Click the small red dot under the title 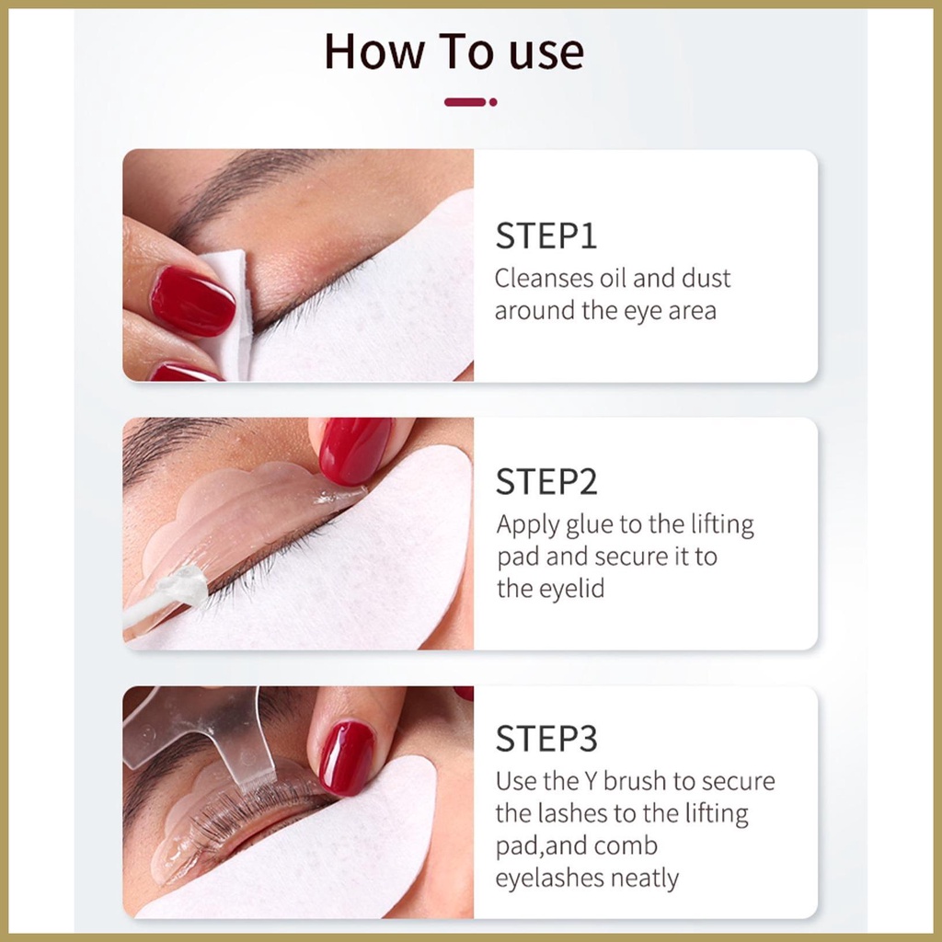click(x=493, y=102)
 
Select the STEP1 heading click(x=546, y=235)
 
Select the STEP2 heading click(x=546, y=482)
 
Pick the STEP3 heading click(x=546, y=739)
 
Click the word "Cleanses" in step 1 click(x=545, y=278)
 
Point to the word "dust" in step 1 click(x=706, y=278)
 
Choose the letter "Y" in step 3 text click(x=592, y=782)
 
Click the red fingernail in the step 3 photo click(x=347, y=758)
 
